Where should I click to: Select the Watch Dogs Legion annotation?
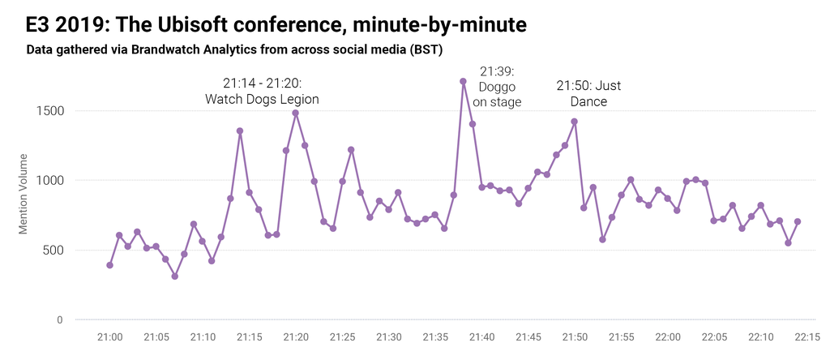(261, 91)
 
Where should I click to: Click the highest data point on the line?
(463, 81)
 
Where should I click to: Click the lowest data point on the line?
(174, 276)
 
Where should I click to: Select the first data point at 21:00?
(109, 265)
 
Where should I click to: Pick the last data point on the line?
(798, 221)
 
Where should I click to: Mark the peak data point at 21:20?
(296, 113)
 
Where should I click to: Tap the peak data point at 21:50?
(574, 122)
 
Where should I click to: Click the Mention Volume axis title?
(24, 194)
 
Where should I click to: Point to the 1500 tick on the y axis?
(48, 111)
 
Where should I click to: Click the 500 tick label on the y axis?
(52, 251)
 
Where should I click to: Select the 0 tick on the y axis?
(60, 320)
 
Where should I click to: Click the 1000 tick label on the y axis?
(48, 181)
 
